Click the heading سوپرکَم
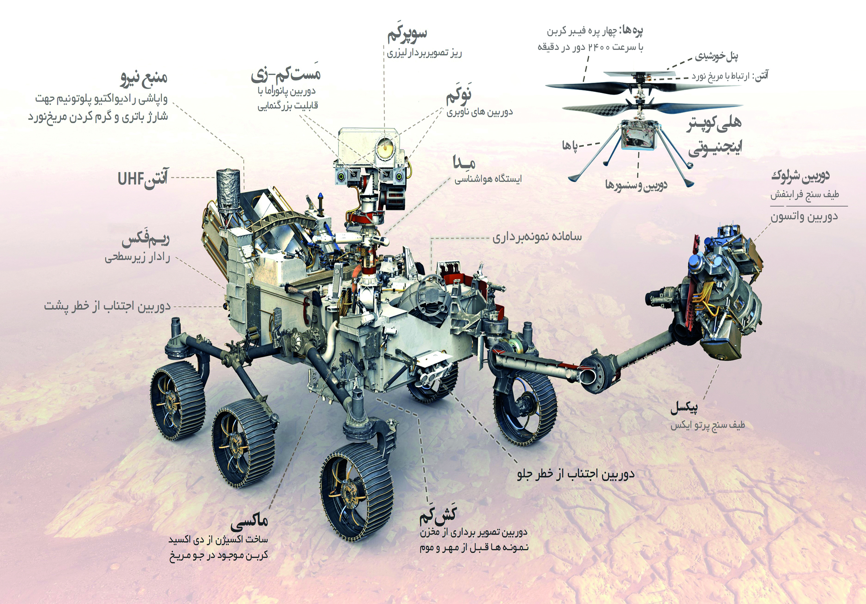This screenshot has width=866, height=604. (407, 35)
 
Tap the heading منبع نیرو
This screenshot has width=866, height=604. (144, 78)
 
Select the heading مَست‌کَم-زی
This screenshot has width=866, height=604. (286, 73)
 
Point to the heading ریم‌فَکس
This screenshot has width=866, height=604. (146, 240)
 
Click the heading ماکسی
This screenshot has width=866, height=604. (249, 521)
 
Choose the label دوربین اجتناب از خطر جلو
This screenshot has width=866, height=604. (576, 474)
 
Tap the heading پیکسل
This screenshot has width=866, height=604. (684, 407)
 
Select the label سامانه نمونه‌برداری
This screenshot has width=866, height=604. (537, 237)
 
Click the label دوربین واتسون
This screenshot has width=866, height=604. (804, 216)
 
